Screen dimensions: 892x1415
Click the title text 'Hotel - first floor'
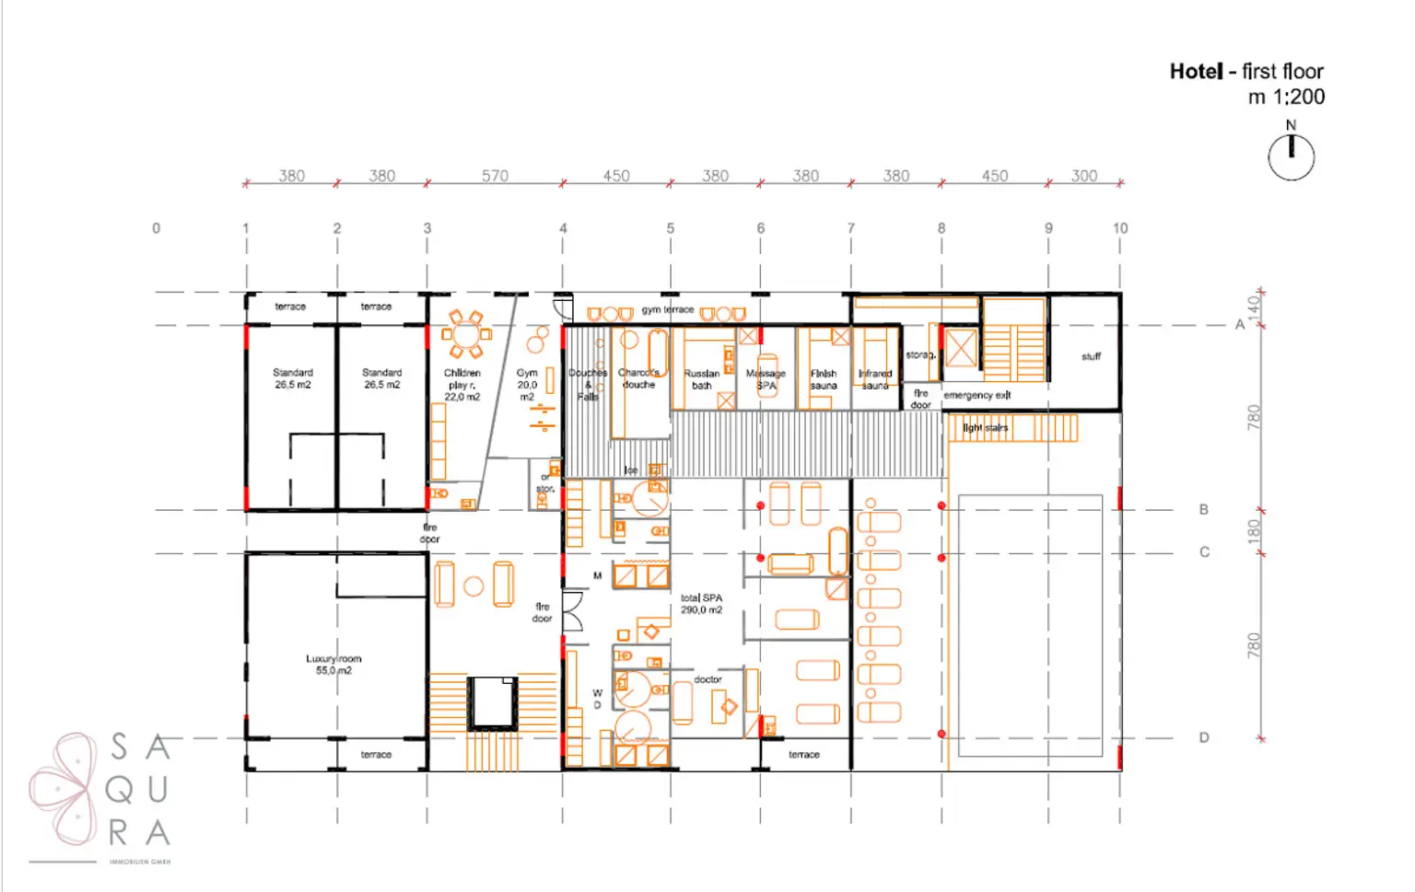tap(1245, 72)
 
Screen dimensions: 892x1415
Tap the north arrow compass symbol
tap(1291, 156)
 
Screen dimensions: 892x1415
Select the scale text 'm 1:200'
tap(1286, 97)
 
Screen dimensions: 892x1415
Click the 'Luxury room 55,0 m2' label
tap(333, 665)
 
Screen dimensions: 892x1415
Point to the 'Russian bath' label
tap(701, 379)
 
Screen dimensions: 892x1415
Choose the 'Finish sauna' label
tap(824, 379)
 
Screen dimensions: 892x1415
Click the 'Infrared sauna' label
tap(875, 379)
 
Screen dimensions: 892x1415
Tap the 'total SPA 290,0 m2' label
tap(701, 604)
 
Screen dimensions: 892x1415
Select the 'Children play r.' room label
tap(462, 385)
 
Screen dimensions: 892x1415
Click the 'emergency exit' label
tap(976, 395)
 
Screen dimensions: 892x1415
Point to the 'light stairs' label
tap(985, 428)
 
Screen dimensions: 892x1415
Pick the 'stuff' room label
tap(1091, 356)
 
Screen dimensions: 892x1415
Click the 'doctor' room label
tap(707, 679)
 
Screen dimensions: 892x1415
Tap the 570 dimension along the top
tap(495, 176)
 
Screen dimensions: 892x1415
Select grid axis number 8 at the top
tap(941, 228)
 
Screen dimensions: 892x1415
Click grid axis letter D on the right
tap(1203, 737)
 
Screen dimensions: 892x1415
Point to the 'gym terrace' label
tap(667, 309)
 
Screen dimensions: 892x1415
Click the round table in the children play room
tap(463, 332)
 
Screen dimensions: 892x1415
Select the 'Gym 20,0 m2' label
tap(527, 385)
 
